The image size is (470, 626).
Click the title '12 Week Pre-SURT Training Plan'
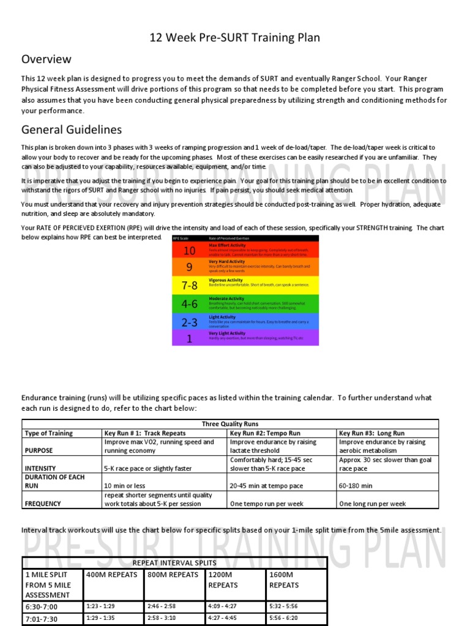[x=235, y=38]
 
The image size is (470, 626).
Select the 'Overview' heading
[x=47, y=59]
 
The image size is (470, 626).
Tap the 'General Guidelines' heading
[x=72, y=130]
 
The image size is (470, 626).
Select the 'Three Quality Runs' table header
[x=230, y=424]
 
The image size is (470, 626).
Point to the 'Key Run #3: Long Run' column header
[x=371, y=433]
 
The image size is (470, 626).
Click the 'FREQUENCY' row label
[x=43, y=504]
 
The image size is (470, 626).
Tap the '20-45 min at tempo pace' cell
[x=266, y=486]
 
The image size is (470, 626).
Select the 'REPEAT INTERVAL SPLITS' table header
[x=174, y=562]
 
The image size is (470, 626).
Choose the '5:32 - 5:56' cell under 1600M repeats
[x=283, y=606]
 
